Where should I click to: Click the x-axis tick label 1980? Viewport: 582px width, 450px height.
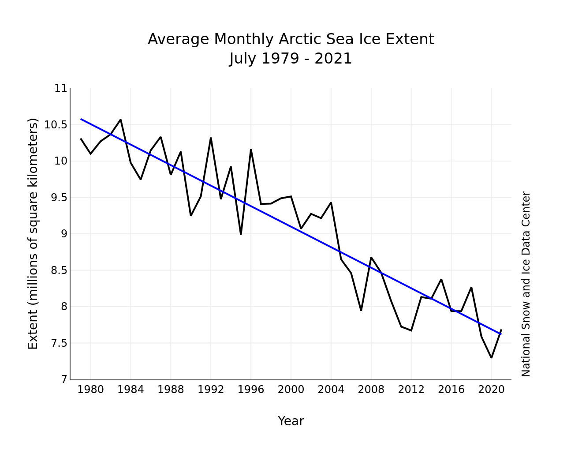90,390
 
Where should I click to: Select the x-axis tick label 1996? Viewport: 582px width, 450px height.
251,390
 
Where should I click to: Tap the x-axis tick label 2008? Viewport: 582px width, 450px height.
371,390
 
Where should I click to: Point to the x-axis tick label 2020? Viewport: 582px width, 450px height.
491,390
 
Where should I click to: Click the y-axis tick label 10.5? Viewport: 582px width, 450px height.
56,125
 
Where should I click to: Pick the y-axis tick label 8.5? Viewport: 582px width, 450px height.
59,271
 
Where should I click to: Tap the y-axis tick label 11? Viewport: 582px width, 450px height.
61,88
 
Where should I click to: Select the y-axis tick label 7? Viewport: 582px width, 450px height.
64,379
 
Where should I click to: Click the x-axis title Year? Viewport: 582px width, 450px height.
291,421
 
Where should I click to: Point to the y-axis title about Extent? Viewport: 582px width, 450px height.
33,233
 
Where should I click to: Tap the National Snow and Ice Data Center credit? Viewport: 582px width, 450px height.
526,284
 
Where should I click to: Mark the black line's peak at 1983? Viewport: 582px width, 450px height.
120,120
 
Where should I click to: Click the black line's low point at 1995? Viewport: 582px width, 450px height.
241,234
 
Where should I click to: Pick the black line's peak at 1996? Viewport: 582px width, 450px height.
251,150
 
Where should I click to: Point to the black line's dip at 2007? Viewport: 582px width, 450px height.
361,310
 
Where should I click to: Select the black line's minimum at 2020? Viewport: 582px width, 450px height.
491,358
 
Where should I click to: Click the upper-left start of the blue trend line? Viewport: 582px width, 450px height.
81,119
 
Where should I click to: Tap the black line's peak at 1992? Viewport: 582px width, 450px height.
211,138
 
